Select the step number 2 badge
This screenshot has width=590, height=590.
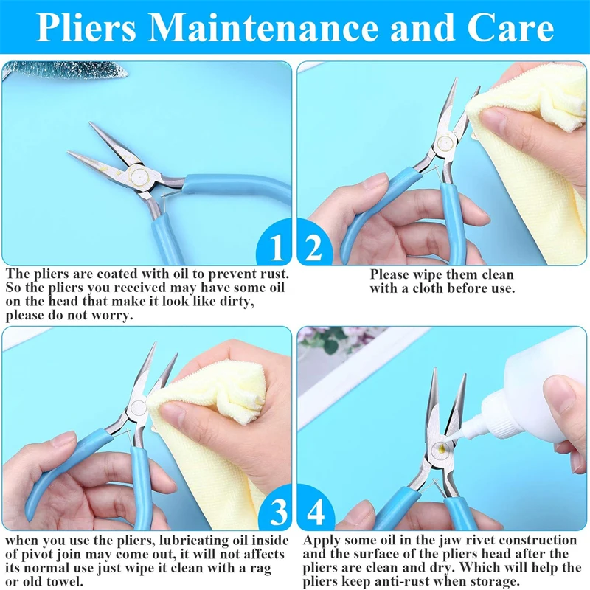click(313, 249)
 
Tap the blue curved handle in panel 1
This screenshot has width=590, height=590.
click(221, 186)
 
